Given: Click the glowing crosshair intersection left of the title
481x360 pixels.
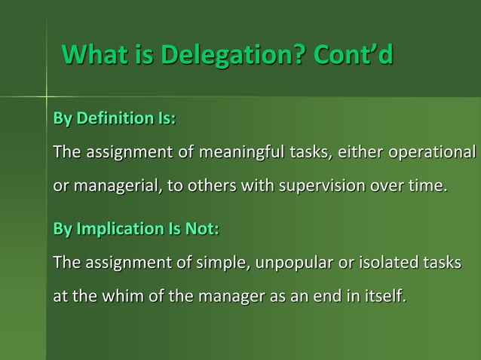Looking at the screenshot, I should pyautogui.click(x=47, y=95).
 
